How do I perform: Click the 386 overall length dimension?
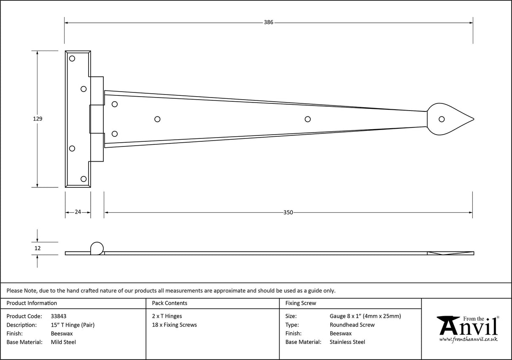tap(269, 22)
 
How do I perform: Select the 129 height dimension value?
tap(38, 119)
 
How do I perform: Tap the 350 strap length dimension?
tap(288, 212)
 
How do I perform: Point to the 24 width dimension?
tap(78, 212)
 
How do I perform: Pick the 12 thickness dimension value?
tap(38, 249)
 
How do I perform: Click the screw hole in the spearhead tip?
tap(442, 119)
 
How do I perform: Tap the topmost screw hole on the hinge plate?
tap(72, 58)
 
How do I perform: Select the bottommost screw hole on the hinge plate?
tap(84, 179)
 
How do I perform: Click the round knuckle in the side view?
tap(97, 248)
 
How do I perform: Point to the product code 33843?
tap(58, 316)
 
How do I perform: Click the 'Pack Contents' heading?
tap(170, 303)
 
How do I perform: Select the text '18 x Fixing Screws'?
tap(174, 325)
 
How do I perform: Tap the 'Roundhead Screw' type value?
tap(352, 325)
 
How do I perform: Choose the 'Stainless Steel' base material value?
tap(348, 342)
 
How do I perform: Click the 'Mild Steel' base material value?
tap(63, 342)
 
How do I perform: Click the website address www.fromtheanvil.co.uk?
tap(468, 339)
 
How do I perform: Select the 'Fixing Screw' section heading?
tap(301, 303)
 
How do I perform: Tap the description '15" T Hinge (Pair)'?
tap(73, 325)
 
